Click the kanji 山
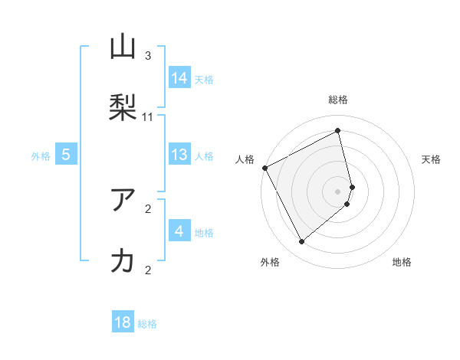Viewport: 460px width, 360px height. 123,47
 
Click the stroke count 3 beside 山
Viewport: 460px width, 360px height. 148,56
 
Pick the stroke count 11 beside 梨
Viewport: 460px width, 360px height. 148,117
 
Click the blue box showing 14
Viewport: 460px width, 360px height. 179,78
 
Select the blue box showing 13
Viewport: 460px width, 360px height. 179,155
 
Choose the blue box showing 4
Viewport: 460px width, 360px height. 179,231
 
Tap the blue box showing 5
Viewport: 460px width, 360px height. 66,155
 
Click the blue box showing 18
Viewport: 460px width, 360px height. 123,322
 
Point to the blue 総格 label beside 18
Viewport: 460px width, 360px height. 147,324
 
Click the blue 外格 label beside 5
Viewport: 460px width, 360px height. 41,156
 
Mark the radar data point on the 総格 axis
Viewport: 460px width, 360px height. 338,131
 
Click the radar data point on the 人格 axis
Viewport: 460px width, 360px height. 264,168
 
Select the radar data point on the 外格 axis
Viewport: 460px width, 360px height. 301,242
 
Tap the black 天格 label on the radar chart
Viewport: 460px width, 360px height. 432,159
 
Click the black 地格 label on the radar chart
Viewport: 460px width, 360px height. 402,262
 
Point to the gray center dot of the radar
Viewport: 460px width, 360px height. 338,191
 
